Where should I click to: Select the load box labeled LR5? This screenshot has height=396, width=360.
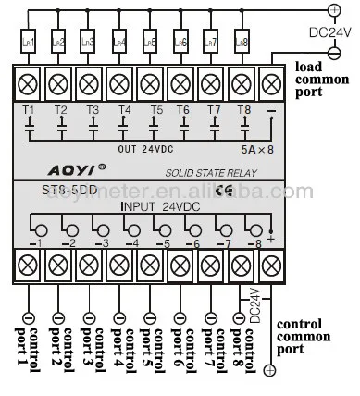coord(152,43)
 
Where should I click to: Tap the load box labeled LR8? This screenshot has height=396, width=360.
coord(242,43)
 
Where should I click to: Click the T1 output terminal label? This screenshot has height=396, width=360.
coord(29,109)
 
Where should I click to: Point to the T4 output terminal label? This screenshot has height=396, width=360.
coord(124,109)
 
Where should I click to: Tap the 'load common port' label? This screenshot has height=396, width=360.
coord(321,80)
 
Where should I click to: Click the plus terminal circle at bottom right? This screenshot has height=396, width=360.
coord(270,370)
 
